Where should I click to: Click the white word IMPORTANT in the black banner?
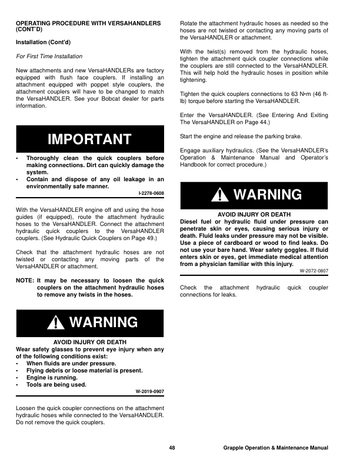point(89,139)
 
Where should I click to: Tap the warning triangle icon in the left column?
point(57,322)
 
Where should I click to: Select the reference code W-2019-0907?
point(149,392)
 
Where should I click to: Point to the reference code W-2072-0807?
point(314,271)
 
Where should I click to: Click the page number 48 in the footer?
point(172,448)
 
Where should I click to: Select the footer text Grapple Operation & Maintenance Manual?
point(275,448)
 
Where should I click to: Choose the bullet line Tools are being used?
point(56,385)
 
